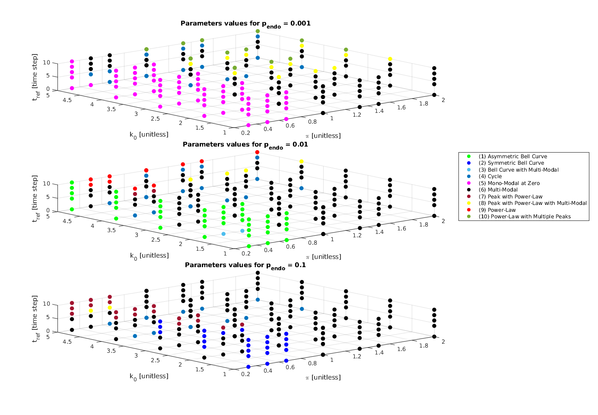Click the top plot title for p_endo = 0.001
pyautogui.click(x=245, y=24)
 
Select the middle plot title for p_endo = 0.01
pyautogui.click(x=245, y=145)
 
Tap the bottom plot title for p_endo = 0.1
pyautogui.click(x=245, y=265)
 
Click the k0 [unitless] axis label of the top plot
pyautogui.click(x=149, y=134)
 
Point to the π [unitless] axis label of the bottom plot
pyautogui.click(x=323, y=377)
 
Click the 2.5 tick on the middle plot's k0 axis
pyautogui.click(x=155, y=240)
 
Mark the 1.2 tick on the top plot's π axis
pyautogui.click(x=357, y=115)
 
